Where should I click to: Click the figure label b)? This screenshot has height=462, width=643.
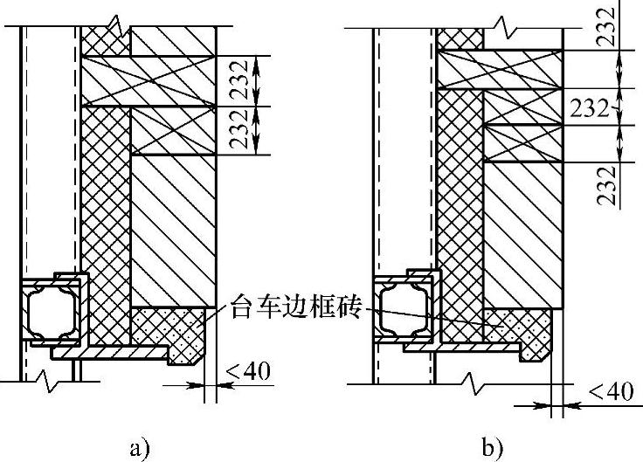coord(491,450)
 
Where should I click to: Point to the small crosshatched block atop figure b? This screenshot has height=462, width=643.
coord(460,38)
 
